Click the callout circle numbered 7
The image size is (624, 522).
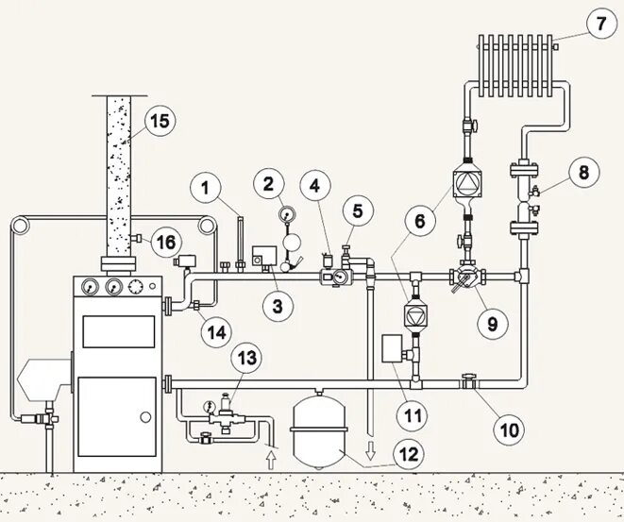click(x=599, y=25)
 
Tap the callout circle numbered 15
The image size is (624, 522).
click(x=160, y=121)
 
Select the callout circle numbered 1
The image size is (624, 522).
click(x=203, y=187)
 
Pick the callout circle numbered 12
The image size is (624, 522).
click(x=407, y=455)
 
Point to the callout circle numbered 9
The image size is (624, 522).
click(x=491, y=323)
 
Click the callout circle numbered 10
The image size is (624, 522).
click(x=508, y=430)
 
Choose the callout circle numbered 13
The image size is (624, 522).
click(x=246, y=359)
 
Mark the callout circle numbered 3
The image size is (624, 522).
click(x=278, y=304)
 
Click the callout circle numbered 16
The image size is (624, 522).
click(x=164, y=243)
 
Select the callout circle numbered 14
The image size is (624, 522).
click(x=217, y=332)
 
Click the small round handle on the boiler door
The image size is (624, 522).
click(x=143, y=416)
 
